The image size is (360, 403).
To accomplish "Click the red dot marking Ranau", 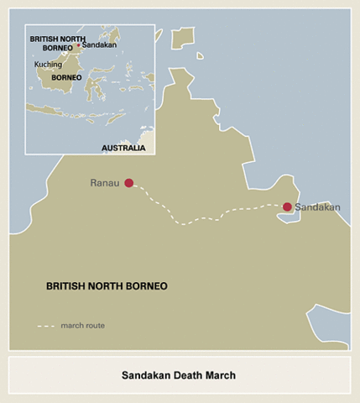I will click(128, 182).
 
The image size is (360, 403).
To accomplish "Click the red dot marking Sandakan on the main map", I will click(287, 207).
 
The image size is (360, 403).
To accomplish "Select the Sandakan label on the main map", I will click(319, 207).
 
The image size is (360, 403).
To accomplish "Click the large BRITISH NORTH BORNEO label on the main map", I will click(107, 286).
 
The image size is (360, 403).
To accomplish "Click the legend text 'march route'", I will click(83, 325).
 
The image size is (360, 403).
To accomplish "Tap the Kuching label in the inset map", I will click(48, 64).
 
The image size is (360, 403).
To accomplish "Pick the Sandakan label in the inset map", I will click(98, 45).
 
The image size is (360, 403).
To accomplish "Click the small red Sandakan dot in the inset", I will click(79, 45).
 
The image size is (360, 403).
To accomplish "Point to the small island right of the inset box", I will click(180, 39).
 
